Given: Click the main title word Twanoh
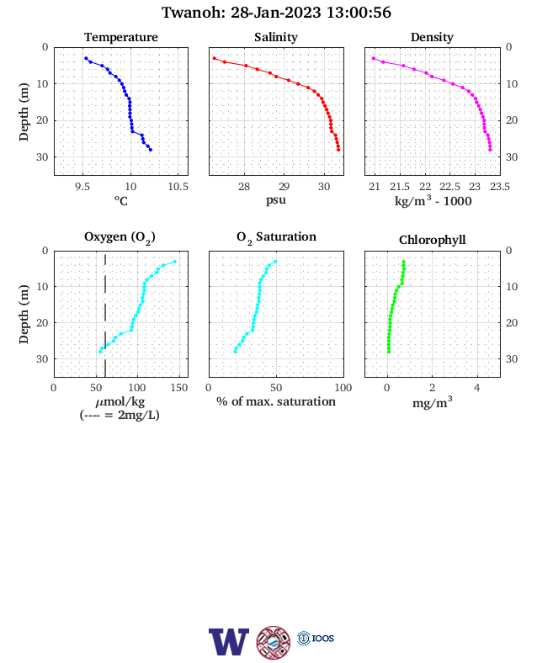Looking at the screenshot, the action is click(194, 13).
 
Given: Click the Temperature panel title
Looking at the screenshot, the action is click(121, 37).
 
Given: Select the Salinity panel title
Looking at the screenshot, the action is click(276, 37).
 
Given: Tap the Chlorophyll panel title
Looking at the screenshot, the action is click(432, 240).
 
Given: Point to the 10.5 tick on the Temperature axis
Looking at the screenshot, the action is click(178, 187).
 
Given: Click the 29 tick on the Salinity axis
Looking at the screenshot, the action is click(284, 187).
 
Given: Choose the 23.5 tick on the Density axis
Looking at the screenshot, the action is click(500, 187).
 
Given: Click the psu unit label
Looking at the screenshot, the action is click(276, 199).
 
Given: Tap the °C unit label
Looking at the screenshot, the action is click(121, 200).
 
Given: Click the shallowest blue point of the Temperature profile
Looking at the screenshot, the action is click(86, 58).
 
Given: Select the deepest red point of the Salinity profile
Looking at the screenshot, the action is click(338, 150).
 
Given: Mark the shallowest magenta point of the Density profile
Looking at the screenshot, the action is click(374, 58).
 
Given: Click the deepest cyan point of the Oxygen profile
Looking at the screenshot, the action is click(100, 352).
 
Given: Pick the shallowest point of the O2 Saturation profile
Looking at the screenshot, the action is click(275, 262).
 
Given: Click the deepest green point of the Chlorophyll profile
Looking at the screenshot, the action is click(389, 352).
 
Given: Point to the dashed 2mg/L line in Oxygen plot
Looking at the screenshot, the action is click(105, 314).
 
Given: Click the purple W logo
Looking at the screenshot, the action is click(229, 641).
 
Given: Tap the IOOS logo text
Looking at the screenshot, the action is click(323, 638).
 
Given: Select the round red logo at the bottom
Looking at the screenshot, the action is click(274, 642).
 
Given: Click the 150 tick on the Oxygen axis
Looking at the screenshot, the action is click(179, 388).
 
